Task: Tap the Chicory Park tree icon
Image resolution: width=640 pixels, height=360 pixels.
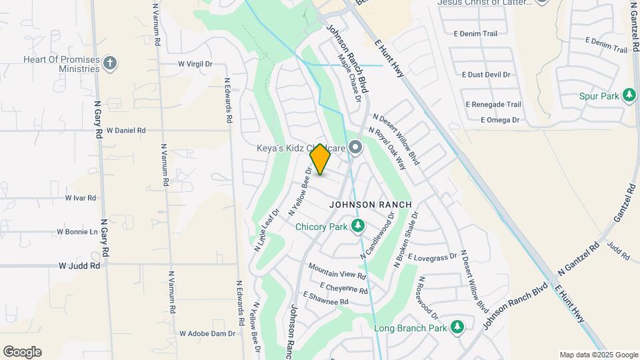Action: tap(358, 227)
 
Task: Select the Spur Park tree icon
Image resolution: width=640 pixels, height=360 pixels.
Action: tap(629, 96)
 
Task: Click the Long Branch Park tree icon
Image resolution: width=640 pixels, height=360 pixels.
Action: tap(457, 327)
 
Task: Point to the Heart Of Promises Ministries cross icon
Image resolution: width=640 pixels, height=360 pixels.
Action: tap(110, 63)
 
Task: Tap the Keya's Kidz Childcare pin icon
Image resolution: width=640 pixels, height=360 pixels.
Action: tap(355, 147)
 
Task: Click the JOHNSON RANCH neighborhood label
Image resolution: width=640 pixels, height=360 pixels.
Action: tap(371, 204)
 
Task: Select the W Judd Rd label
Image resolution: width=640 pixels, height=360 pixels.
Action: tap(79, 265)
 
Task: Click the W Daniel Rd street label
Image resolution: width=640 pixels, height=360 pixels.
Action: tap(125, 131)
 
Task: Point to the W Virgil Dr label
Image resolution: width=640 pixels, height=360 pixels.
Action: tap(195, 64)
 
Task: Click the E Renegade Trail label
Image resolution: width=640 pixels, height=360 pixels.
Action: tap(493, 105)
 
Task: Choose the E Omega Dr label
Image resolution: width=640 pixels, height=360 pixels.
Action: tap(499, 120)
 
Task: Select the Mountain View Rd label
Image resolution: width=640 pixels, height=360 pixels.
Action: tap(337, 270)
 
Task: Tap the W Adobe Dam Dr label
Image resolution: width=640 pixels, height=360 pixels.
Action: tap(207, 333)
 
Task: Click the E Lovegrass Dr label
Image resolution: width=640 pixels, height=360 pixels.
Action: tap(432, 257)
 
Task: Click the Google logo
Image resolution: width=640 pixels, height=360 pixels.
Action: tap(22, 351)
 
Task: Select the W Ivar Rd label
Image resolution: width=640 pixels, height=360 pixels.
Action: tap(81, 198)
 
